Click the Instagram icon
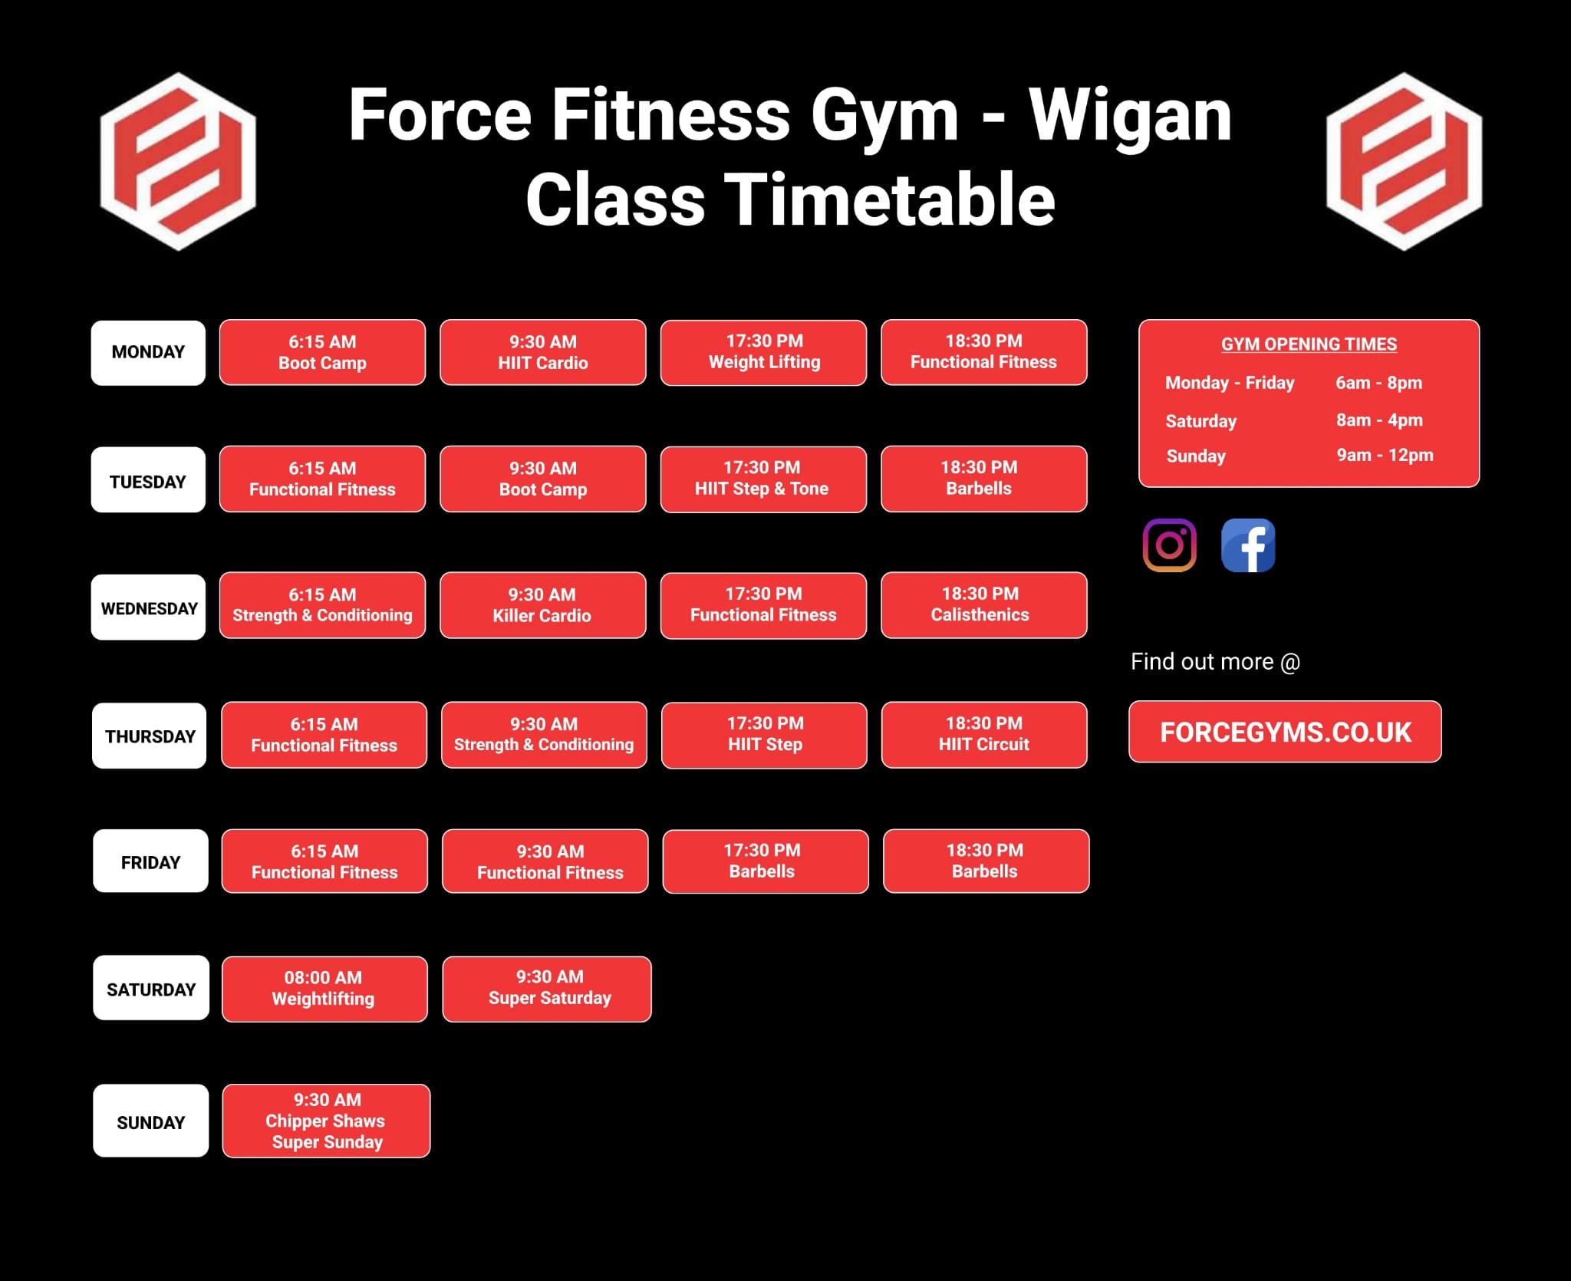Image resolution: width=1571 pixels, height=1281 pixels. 1170,545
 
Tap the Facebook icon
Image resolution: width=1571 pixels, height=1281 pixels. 1248,545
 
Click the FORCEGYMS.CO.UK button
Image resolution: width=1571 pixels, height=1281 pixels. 1285,732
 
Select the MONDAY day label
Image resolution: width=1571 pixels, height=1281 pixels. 148,353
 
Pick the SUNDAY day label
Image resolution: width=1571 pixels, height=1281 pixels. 151,1121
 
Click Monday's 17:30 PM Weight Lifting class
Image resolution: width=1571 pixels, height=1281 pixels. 764,352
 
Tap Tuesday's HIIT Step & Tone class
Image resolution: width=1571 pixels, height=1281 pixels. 763,479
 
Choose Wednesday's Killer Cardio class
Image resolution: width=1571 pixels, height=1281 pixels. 542,605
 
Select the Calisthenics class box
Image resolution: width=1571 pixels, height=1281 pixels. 984,604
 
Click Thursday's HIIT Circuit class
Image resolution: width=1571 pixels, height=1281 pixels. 984,734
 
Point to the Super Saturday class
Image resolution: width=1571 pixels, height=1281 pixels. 547,989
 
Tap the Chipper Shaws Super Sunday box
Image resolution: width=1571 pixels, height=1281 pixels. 327,1121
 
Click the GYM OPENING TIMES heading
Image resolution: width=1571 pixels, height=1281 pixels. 1309,344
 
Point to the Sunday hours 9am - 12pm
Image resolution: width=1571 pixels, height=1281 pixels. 1385,456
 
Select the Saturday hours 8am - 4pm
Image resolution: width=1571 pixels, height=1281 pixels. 1379,420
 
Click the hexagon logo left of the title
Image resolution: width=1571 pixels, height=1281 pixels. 178,161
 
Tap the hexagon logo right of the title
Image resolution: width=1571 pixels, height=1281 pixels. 1404,161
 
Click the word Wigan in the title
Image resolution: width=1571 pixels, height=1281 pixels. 1130,116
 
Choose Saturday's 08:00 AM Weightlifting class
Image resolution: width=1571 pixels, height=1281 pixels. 324,989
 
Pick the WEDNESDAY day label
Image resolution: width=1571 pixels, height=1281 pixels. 149,608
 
